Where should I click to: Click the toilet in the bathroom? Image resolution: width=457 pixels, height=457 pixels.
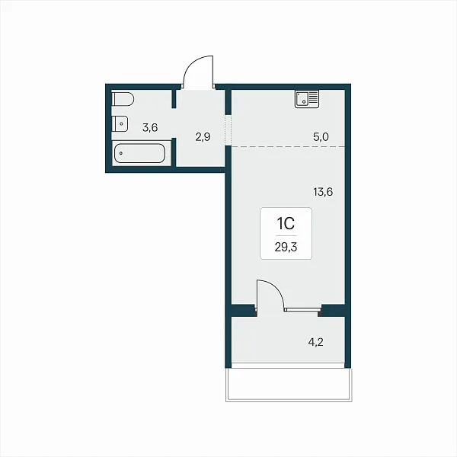tap(123, 100)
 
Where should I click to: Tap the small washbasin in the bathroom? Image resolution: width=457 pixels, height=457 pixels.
tap(120, 124)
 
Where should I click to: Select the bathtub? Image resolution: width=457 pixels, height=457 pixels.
tap(139, 153)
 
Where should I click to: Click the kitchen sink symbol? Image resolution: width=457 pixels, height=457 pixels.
tap(307, 99)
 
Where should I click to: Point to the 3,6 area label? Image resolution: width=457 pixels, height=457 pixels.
tap(150, 128)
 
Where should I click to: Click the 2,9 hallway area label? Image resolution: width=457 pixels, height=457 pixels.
tap(203, 136)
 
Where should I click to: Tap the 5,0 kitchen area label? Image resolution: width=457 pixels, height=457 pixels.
tap(321, 136)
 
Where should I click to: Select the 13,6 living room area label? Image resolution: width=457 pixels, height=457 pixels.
tap(323, 192)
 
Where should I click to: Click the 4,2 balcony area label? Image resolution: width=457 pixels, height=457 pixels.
tap(315, 342)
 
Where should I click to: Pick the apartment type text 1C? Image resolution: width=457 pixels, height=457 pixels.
tap(286, 224)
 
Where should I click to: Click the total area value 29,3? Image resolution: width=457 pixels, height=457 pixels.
tap(286, 247)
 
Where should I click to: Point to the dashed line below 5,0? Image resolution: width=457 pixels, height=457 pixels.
tap(288, 146)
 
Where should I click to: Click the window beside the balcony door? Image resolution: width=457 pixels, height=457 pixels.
tap(302, 309)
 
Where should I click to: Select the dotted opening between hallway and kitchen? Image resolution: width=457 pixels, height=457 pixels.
tap(228, 129)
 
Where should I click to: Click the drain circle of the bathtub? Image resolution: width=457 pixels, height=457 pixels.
tap(120, 153)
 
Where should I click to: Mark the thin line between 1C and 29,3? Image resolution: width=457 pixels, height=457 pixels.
tap(286, 235)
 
